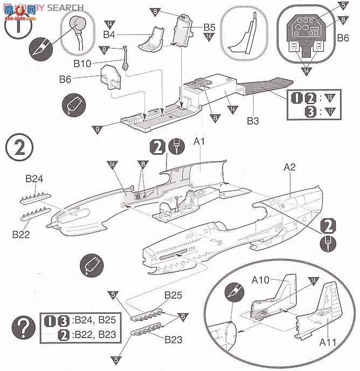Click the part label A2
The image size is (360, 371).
tap(290, 168)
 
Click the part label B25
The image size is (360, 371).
tap(174, 295)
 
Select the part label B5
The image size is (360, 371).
tap(209, 26)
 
